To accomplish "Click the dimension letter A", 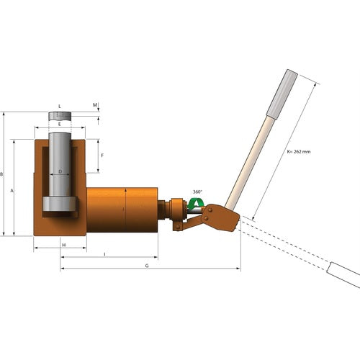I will [12, 192].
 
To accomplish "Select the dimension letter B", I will [4, 174].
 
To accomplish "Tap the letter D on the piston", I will [60, 171].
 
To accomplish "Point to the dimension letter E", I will [60, 124].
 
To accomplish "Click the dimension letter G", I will [147, 265].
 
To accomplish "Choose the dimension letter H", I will [63, 246].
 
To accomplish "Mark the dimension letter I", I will [105, 254].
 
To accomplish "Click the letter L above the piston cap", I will [60, 106].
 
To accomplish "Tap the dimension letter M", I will [95, 105].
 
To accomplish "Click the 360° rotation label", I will [197, 192].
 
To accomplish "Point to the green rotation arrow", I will [194, 204].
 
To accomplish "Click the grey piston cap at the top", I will [60, 115].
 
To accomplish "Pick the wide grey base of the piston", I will [60, 204].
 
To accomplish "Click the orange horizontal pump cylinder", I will [122, 210].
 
